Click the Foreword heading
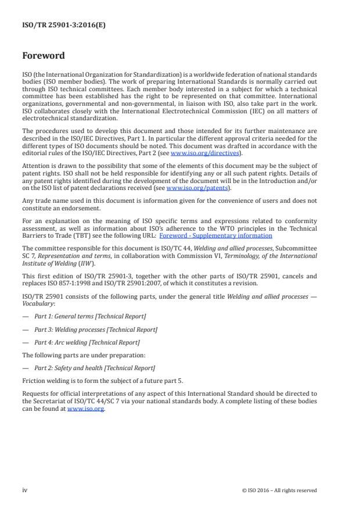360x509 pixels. [43, 56]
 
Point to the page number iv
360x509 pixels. [25, 490]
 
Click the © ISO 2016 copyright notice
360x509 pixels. [279, 490]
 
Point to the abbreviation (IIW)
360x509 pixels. [80, 263]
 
